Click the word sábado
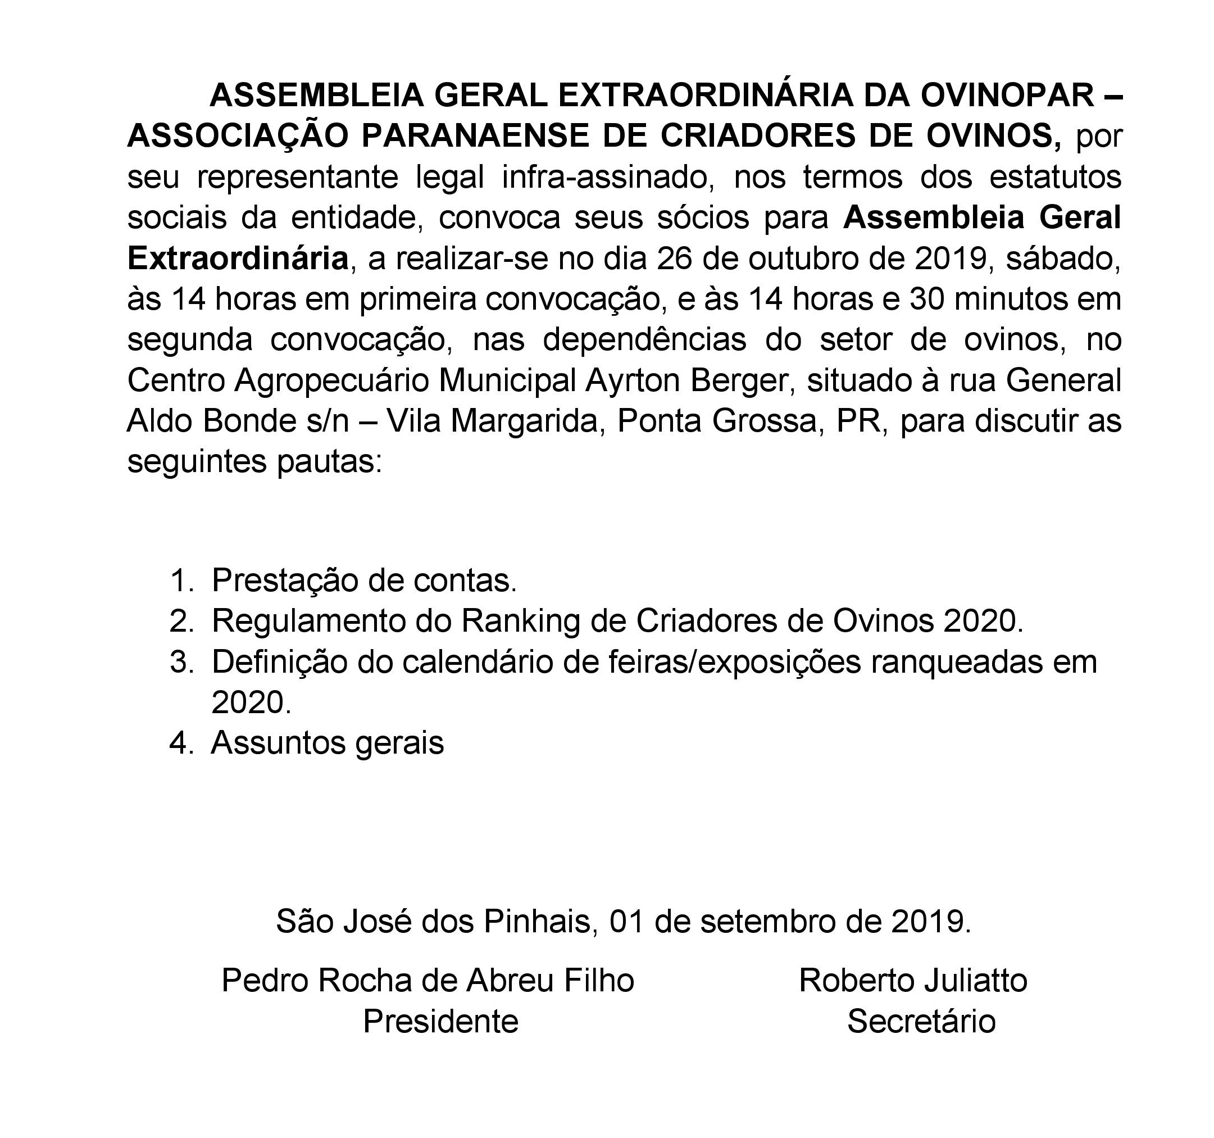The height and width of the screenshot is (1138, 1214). (1063, 259)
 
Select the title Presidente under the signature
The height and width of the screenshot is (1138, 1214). (440, 1021)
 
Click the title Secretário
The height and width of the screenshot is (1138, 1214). (921, 1021)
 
